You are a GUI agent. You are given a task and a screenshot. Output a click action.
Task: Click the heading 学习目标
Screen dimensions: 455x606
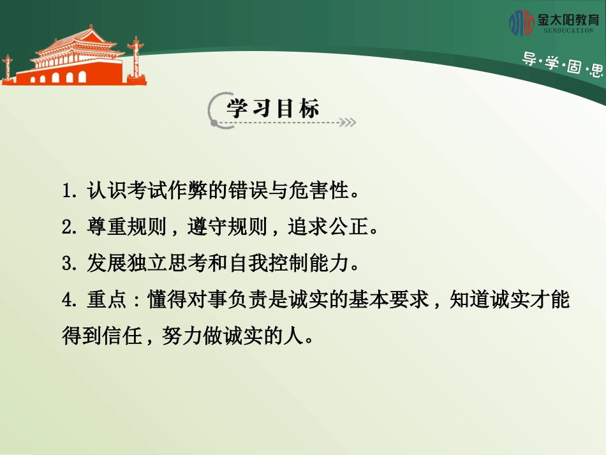coord(273,108)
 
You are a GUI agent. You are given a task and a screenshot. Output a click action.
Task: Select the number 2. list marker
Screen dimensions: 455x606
coord(70,227)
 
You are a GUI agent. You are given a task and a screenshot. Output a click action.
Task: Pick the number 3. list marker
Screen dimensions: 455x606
coord(70,263)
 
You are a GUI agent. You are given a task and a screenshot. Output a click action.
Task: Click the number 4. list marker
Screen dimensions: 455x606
coord(70,299)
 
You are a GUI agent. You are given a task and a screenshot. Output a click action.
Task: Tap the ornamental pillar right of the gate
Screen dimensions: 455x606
coord(135,57)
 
